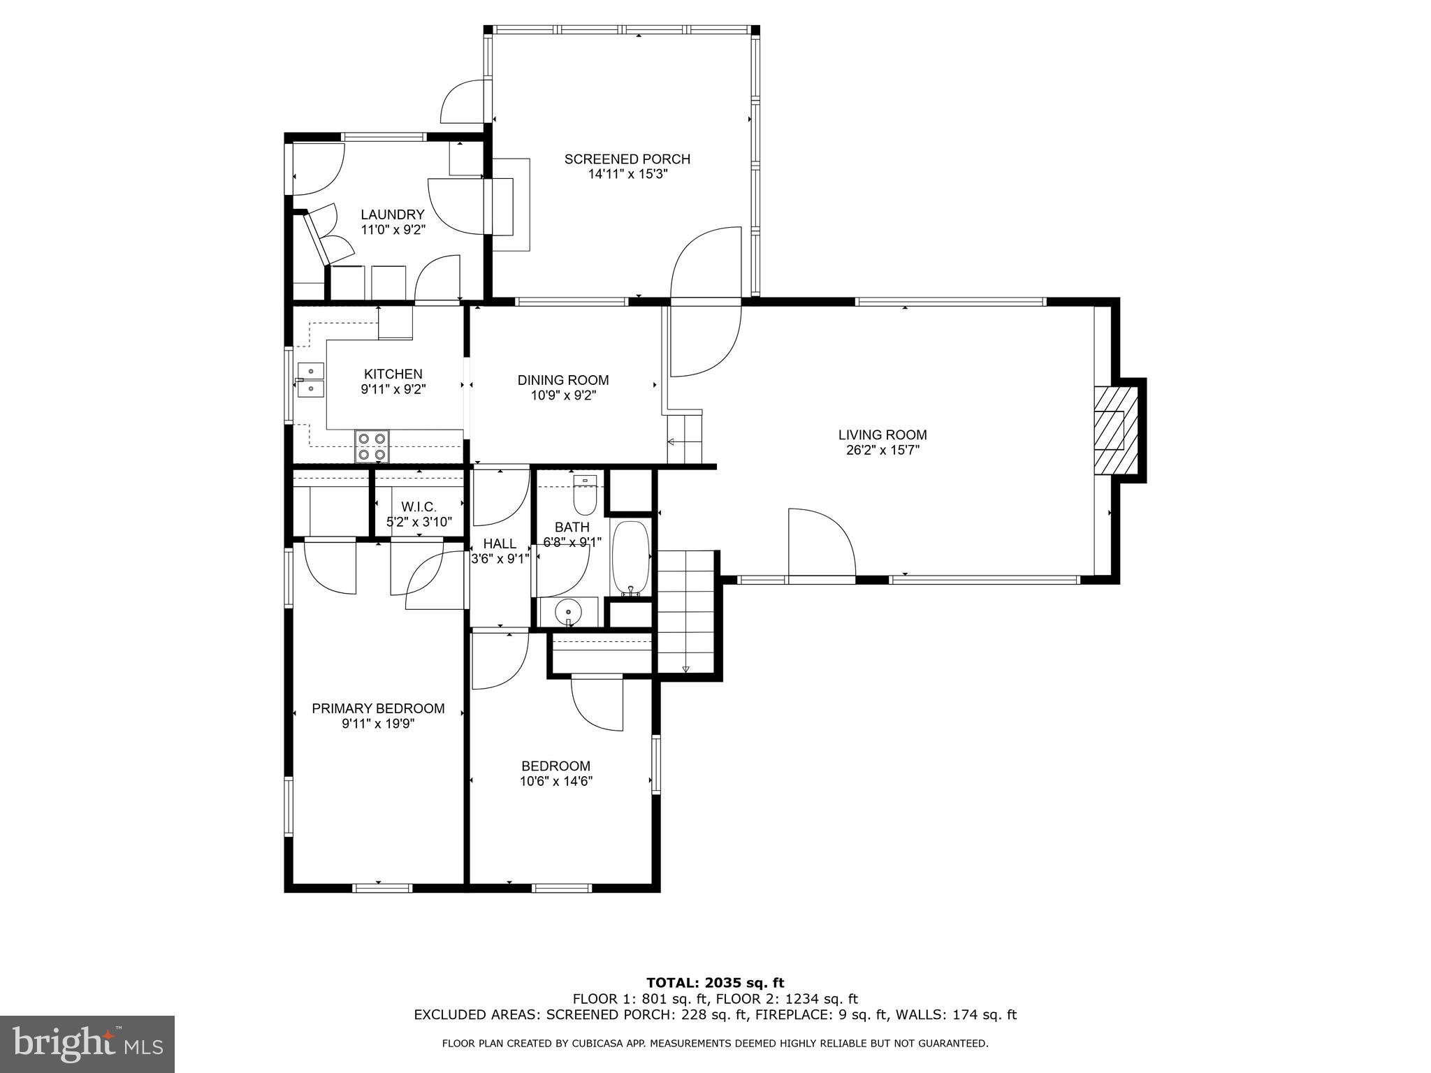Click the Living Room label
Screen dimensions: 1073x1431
tap(882, 435)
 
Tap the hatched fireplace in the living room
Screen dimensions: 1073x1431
tap(1110, 430)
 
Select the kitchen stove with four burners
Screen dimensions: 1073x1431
tap(371, 446)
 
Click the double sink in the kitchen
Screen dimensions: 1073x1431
tap(310, 380)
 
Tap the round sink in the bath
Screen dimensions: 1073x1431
tap(568, 613)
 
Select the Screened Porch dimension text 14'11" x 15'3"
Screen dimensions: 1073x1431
tap(627, 174)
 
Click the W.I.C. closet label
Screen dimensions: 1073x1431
tap(419, 507)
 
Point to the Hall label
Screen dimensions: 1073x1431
tap(500, 543)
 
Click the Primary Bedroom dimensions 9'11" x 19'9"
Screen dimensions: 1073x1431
tap(378, 724)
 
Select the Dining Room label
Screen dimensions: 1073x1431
tap(562, 380)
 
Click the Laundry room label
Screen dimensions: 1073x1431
tap(392, 214)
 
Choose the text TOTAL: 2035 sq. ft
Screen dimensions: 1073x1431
tap(715, 983)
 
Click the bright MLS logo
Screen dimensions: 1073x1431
tap(87, 1044)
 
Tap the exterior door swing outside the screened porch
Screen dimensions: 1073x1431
tap(463, 102)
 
